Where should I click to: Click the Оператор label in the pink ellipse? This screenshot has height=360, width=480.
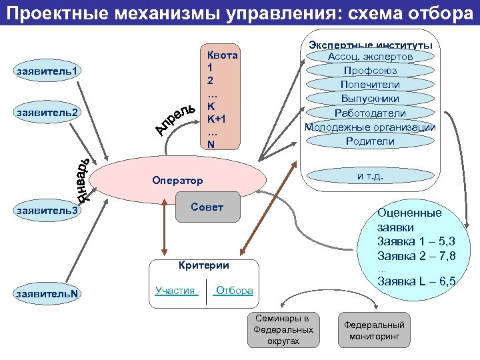pyautogui.click(x=177, y=181)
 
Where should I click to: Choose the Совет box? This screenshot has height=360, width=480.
pyautogui.click(x=207, y=207)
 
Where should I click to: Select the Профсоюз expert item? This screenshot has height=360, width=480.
pyautogui.click(x=370, y=71)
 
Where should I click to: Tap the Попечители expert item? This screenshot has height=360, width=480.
pyautogui.click(x=370, y=85)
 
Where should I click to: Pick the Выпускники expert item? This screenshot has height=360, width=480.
pyautogui.click(x=370, y=99)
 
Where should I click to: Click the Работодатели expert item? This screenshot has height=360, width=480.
pyautogui.click(x=370, y=113)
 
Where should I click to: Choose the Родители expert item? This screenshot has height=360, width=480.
pyautogui.click(x=370, y=141)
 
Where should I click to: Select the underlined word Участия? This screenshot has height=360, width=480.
pyautogui.click(x=175, y=291)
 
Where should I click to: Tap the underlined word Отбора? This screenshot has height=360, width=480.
pyautogui.click(x=235, y=291)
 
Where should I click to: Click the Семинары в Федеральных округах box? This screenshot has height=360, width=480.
pyautogui.click(x=283, y=329)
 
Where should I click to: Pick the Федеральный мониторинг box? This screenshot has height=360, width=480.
pyautogui.click(x=374, y=330)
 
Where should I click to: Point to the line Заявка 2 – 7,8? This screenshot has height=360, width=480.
pyautogui.click(x=416, y=255)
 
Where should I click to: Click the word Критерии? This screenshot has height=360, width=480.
pyautogui.click(x=203, y=265)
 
